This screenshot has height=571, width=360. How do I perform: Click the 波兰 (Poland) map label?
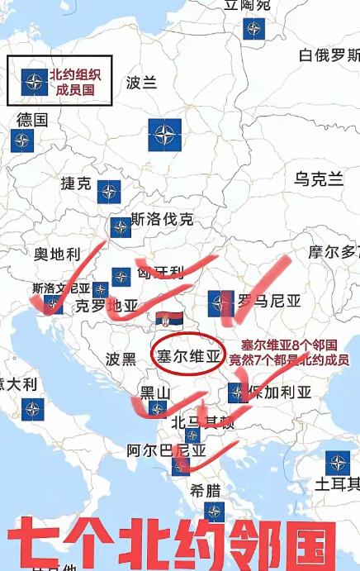(141, 83)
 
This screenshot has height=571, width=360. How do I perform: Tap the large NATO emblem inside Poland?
(164, 135)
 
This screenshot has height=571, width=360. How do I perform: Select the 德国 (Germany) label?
(32, 119)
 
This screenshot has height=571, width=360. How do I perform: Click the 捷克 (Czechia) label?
(76, 183)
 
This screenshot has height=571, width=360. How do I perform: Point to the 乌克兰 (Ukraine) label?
(319, 179)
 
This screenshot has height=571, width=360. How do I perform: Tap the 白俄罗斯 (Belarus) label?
(329, 55)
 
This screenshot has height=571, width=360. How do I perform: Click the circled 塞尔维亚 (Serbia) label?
(191, 356)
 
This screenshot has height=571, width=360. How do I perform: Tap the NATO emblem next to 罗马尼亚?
(220, 302)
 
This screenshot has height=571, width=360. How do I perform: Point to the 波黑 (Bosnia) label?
(121, 359)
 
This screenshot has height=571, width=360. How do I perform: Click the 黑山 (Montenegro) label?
(154, 392)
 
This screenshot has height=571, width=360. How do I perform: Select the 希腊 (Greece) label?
(206, 489)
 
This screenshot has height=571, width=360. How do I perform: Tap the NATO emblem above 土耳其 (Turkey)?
(337, 463)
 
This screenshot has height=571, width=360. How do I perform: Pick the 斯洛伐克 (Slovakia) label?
(162, 219)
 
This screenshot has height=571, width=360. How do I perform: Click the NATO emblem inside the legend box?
(33, 81)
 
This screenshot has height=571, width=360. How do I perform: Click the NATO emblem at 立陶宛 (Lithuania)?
(253, 28)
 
